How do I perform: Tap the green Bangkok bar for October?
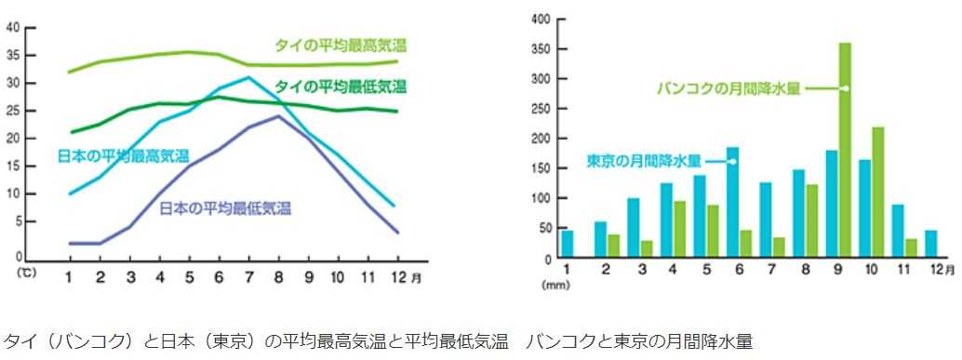click(877, 193)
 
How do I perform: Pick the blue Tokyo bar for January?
click(568, 244)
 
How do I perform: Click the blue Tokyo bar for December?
click(930, 244)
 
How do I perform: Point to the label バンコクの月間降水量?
click(728, 89)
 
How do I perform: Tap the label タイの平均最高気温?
click(341, 45)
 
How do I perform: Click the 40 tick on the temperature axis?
click(13, 27)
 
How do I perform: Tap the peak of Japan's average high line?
click(248, 78)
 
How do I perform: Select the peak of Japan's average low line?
click(277, 116)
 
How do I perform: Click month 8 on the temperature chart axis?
click(278, 277)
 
